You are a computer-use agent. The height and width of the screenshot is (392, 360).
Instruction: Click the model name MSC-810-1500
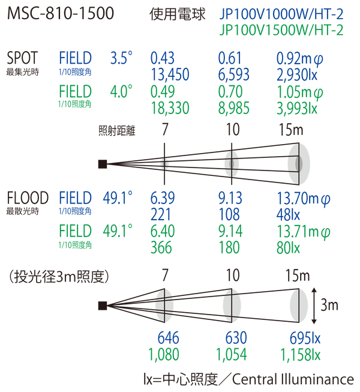tap(61, 13)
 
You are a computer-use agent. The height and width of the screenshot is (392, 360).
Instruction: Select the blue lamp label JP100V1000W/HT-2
tap(281, 14)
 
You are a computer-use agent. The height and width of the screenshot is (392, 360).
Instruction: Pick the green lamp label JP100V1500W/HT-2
tap(281, 30)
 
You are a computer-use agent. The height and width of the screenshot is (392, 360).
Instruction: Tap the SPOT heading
tap(22, 58)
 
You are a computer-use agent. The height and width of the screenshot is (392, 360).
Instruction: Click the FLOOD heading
tap(28, 198)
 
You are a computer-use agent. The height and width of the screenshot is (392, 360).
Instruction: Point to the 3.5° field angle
tap(121, 58)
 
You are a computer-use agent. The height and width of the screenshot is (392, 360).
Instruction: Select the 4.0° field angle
tap(121, 91)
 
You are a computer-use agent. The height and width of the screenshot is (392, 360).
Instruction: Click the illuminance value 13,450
tap(170, 74)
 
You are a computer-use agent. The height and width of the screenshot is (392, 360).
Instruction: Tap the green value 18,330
tap(170, 108)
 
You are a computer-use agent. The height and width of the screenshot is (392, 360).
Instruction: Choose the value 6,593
tap(234, 74)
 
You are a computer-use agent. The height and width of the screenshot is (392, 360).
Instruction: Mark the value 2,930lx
tap(297, 74)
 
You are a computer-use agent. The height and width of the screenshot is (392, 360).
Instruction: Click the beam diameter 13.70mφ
tap(304, 199)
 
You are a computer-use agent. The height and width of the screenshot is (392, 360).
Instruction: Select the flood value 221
tap(160, 214)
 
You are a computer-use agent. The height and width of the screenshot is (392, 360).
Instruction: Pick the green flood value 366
tap(161, 247)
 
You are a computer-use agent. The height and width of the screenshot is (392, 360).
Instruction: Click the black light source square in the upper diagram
tap(103, 164)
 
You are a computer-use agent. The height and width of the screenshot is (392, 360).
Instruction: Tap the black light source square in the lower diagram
tap(103, 306)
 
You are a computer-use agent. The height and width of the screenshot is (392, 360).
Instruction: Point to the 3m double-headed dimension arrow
tap(314, 306)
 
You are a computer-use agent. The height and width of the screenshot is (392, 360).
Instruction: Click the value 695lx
tap(305, 338)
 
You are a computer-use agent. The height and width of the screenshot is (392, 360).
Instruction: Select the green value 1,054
tap(232, 355)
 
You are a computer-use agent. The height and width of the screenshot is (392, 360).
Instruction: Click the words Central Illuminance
tap(293, 379)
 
